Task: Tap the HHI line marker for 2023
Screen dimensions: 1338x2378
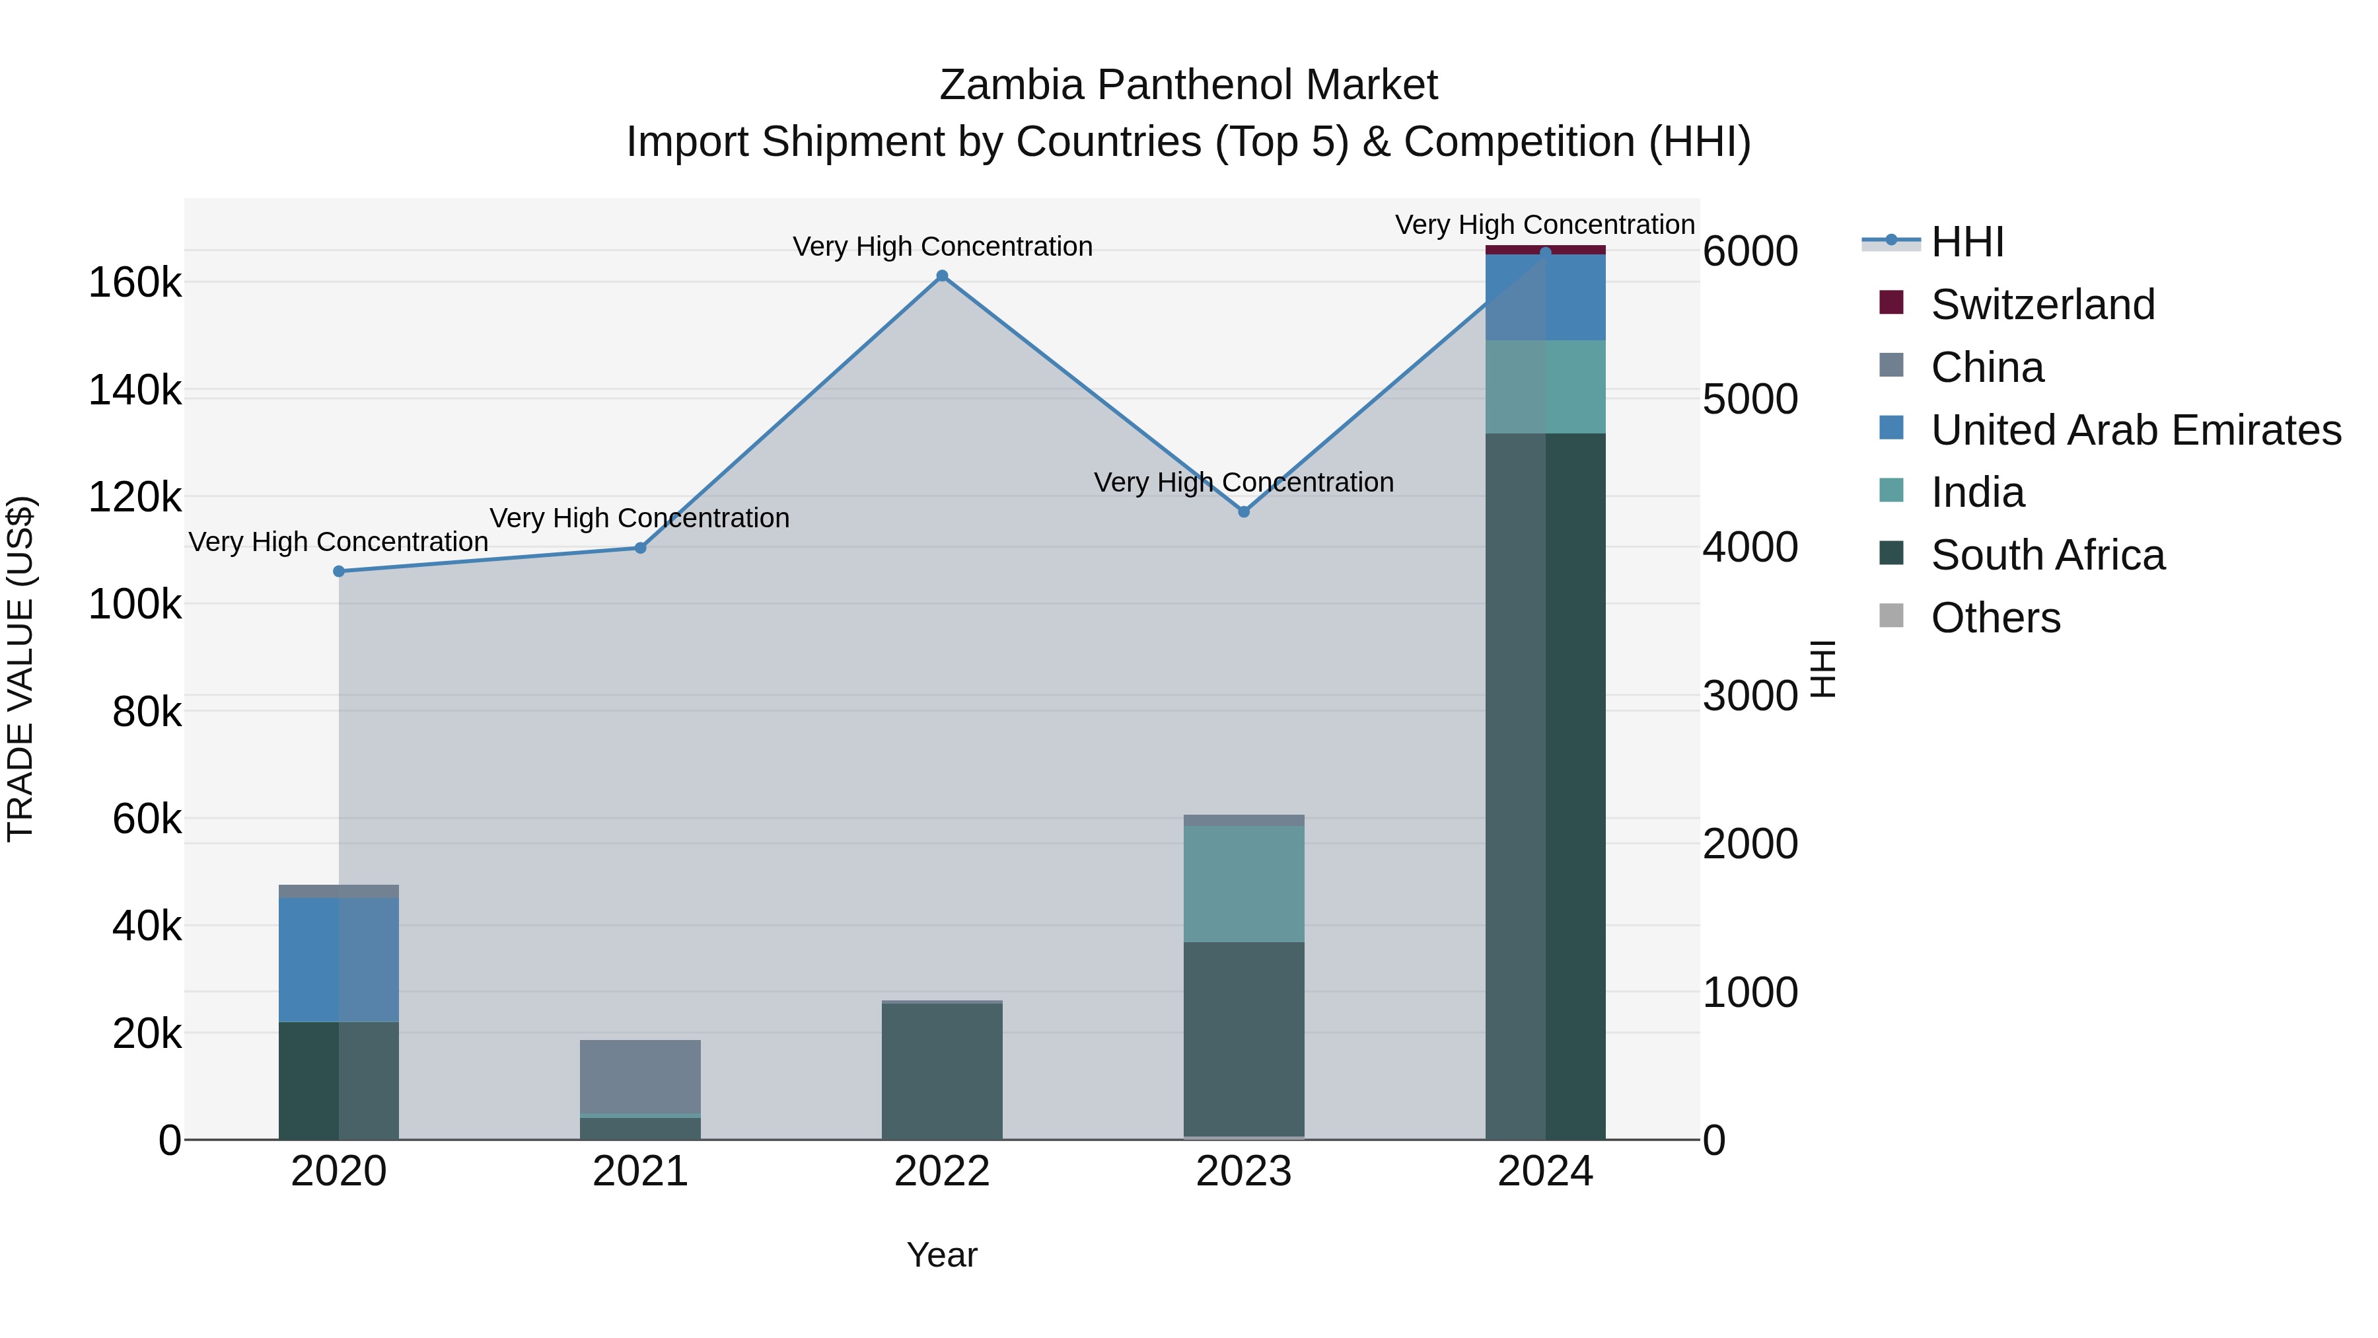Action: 1243,511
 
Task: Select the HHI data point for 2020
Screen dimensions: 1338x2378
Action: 339,572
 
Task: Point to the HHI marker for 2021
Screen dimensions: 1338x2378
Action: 639,548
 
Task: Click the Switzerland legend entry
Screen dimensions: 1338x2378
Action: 2042,305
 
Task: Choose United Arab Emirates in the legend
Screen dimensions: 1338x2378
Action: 2135,430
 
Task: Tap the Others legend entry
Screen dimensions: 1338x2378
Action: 1995,618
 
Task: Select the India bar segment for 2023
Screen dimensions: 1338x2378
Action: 1243,883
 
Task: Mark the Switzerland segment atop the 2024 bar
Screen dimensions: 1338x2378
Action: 1545,249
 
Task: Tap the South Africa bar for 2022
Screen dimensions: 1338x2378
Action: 941,1071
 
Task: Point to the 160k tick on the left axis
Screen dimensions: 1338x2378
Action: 135,283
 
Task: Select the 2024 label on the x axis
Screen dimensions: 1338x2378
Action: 1545,1171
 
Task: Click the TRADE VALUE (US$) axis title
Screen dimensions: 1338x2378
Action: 21,669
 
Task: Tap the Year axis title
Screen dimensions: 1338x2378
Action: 941,1255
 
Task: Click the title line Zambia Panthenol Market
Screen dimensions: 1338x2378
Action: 1188,85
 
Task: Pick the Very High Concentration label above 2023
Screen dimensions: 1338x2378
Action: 1243,482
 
